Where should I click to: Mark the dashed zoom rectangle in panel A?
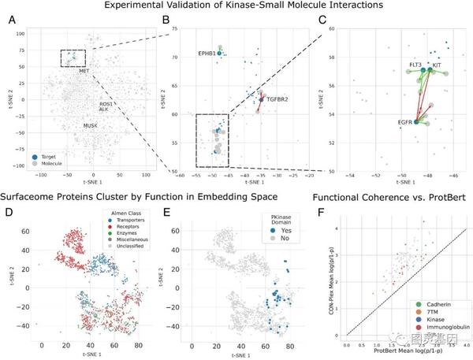pyautogui.click(x=73, y=58)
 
